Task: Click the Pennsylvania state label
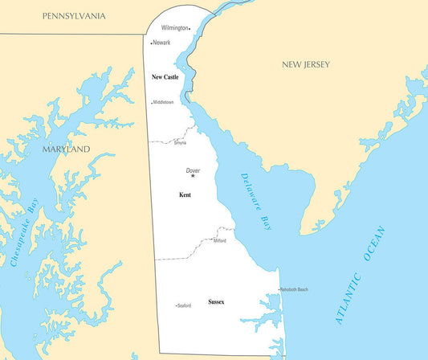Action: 74,16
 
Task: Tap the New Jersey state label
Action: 305,64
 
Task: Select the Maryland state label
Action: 66,149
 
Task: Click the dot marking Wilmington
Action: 190,28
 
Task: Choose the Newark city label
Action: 161,43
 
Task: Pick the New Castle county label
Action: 165,77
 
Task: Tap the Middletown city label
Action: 164,103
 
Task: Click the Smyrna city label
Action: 180,143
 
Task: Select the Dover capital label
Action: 193,170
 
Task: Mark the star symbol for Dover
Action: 193,177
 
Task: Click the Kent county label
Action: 185,194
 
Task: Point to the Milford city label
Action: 220,240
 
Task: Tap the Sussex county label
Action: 216,301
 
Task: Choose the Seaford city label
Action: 184,305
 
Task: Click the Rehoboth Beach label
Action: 294,289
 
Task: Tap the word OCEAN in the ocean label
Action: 375,243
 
